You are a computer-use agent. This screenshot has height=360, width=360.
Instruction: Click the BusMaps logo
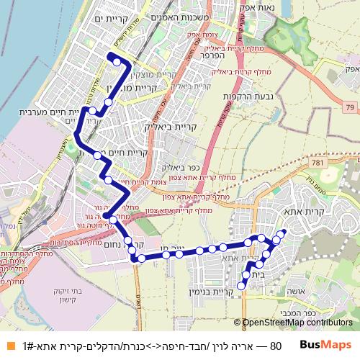click(326, 345)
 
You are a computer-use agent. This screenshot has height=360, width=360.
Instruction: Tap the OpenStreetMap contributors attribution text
click(297, 323)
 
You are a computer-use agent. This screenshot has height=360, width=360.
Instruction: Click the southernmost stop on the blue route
click(243, 284)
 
